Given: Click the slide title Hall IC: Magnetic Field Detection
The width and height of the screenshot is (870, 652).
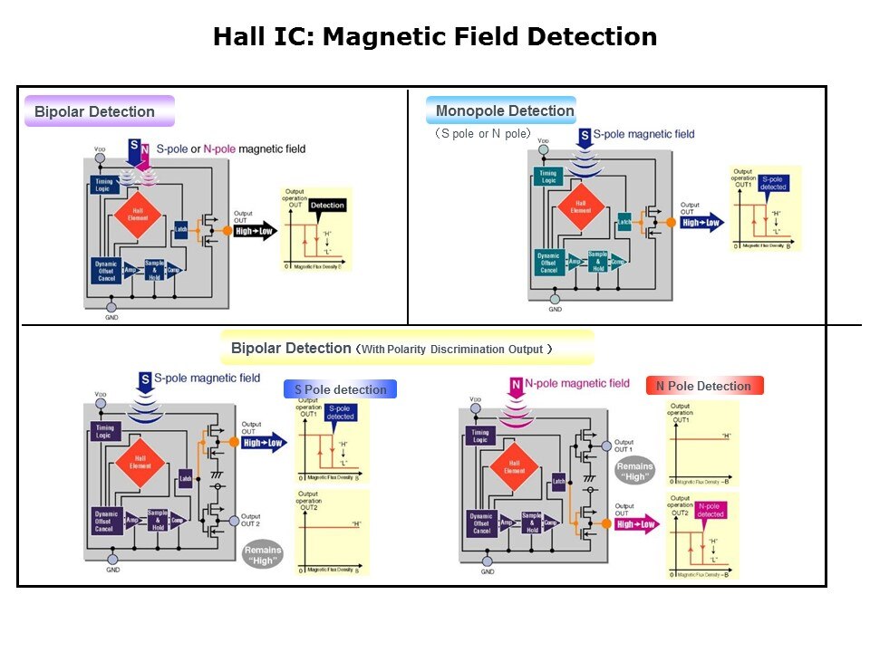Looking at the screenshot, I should [x=435, y=37].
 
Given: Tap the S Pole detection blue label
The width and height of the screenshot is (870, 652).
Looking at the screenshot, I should [x=340, y=389].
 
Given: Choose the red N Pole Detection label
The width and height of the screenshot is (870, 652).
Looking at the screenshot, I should [x=703, y=386].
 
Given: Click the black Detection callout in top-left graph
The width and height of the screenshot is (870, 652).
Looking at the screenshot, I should [x=327, y=206].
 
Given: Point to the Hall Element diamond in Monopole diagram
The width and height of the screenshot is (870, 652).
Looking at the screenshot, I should [x=580, y=206].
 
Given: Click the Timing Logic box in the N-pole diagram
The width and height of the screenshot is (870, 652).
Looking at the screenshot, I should [x=481, y=436].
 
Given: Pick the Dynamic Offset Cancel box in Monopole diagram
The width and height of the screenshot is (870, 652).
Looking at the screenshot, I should [x=547, y=263].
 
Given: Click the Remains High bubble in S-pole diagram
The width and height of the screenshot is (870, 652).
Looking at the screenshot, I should [x=262, y=554].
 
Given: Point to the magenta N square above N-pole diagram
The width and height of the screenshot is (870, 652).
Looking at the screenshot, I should [x=515, y=387].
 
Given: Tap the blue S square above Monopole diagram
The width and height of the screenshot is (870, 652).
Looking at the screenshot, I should [x=585, y=137].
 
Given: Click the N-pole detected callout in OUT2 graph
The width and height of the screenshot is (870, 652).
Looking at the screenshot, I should [x=710, y=510].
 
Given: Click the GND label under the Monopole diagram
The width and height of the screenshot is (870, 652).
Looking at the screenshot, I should [x=555, y=310].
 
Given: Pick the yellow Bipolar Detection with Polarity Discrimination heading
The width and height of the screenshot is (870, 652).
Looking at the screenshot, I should [x=406, y=348].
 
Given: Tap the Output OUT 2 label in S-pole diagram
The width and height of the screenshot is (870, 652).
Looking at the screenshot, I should [x=250, y=520].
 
